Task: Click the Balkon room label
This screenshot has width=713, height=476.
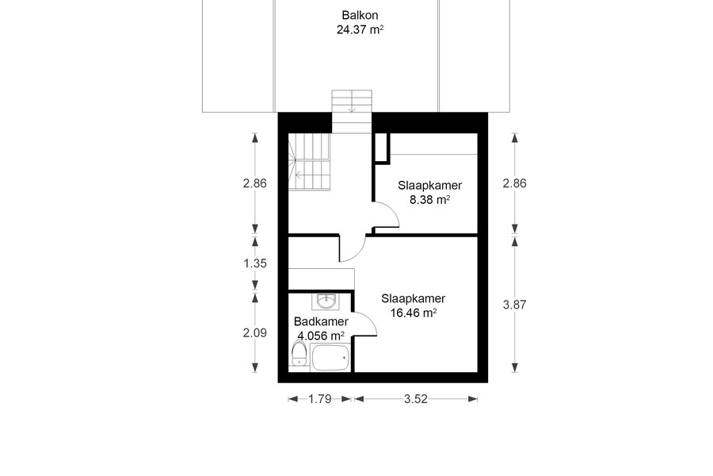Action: [x=360, y=15]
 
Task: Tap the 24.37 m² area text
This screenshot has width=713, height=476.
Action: [x=360, y=29]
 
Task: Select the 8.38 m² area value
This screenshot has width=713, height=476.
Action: [x=429, y=199]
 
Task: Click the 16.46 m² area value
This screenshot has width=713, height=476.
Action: [x=414, y=313]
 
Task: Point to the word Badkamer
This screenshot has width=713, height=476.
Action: [x=321, y=321]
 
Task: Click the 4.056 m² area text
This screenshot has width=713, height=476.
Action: [x=321, y=336]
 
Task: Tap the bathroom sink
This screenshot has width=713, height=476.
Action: [x=326, y=301]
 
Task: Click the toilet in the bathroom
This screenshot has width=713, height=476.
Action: [x=299, y=354]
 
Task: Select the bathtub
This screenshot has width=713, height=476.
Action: [x=330, y=358]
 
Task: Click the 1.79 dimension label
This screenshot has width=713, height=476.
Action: [x=320, y=400]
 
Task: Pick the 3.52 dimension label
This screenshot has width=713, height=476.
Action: [x=416, y=400]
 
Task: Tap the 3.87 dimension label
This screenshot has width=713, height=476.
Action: [x=514, y=305]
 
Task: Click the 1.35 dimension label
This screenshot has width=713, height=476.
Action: [x=254, y=263]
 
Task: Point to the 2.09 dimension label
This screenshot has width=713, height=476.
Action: [x=254, y=333]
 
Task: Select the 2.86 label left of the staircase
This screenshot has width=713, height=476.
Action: [x=254, y=183]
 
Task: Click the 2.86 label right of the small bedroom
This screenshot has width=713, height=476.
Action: [x=514, y=183]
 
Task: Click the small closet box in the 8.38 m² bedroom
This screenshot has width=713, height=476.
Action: [x=381, y=148]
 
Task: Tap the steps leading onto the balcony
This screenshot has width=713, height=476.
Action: [x=352, y=112]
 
